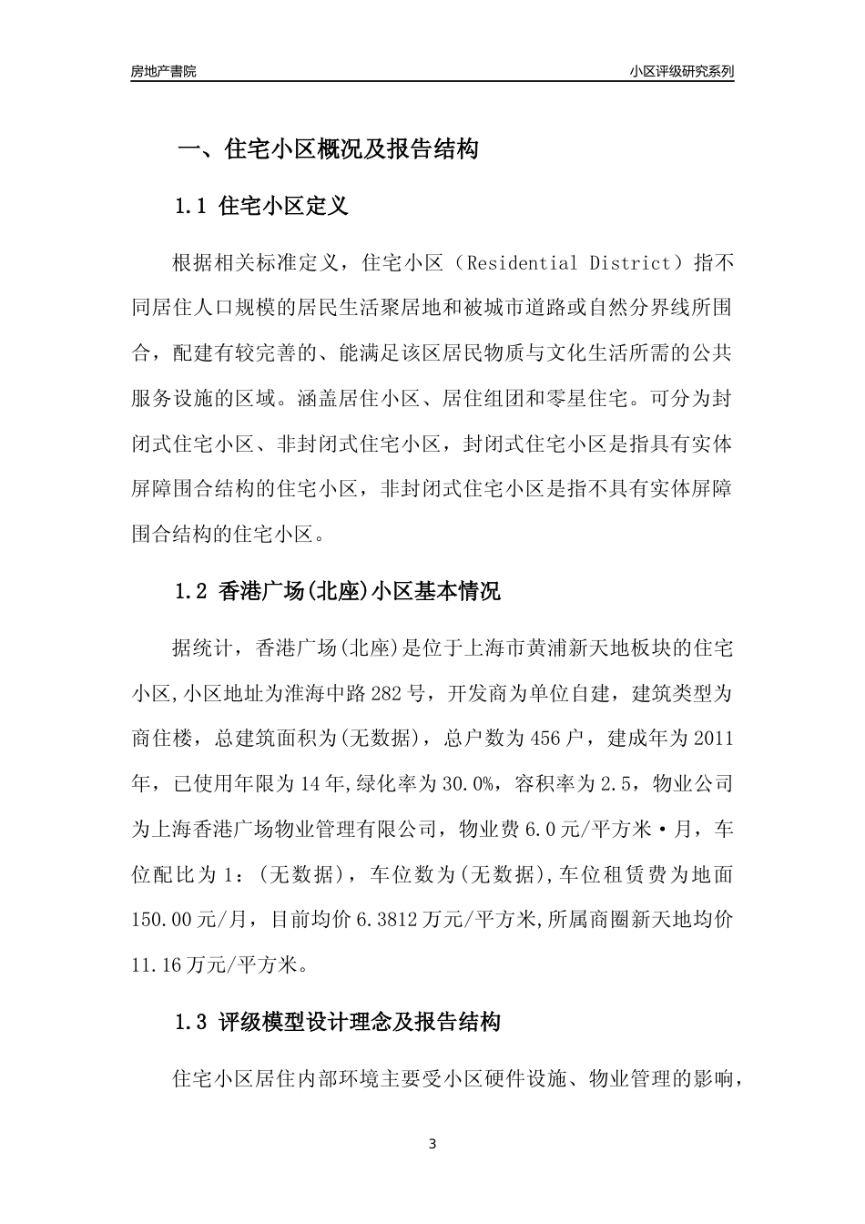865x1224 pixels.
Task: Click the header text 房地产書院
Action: pos(164,71)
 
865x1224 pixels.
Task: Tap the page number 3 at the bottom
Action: pos(432,1144)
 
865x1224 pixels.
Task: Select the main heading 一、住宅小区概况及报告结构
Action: pos(327,149)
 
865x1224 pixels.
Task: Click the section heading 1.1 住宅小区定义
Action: pos(261,207)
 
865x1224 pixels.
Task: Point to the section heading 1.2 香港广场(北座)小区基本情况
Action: pos(337,591)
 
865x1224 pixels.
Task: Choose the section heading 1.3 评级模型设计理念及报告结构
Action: pos(337,1022)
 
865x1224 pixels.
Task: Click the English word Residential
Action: pos(524,264)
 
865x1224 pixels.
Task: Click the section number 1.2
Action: pos(191,591)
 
